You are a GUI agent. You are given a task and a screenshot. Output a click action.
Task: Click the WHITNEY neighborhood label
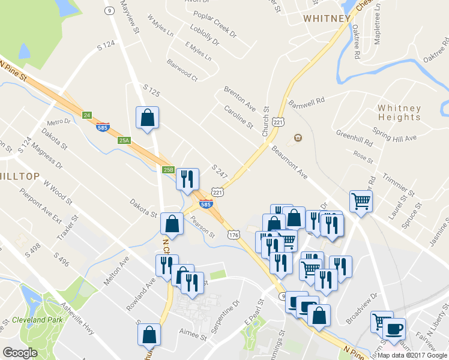click(327, 19)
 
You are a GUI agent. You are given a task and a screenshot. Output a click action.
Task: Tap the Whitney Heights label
click(399, 113)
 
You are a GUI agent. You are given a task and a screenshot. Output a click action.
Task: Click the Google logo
click(20, 353)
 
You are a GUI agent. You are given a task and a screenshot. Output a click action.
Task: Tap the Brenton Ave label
click(240, 99)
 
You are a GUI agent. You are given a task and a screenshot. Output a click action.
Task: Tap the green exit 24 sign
click(87, 115)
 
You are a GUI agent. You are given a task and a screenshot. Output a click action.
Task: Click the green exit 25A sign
click(124, 140)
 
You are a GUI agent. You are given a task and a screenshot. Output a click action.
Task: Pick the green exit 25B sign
click(168, 170)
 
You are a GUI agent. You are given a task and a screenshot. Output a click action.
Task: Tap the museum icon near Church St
click(297, 139)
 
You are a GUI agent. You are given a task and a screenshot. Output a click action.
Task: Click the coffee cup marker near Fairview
click(394, 329)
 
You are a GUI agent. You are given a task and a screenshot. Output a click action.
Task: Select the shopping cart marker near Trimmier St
click(361, 201)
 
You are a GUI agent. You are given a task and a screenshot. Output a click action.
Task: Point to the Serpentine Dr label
click(224, 313)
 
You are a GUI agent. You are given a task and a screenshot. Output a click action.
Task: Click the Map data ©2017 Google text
click(413, 355)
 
